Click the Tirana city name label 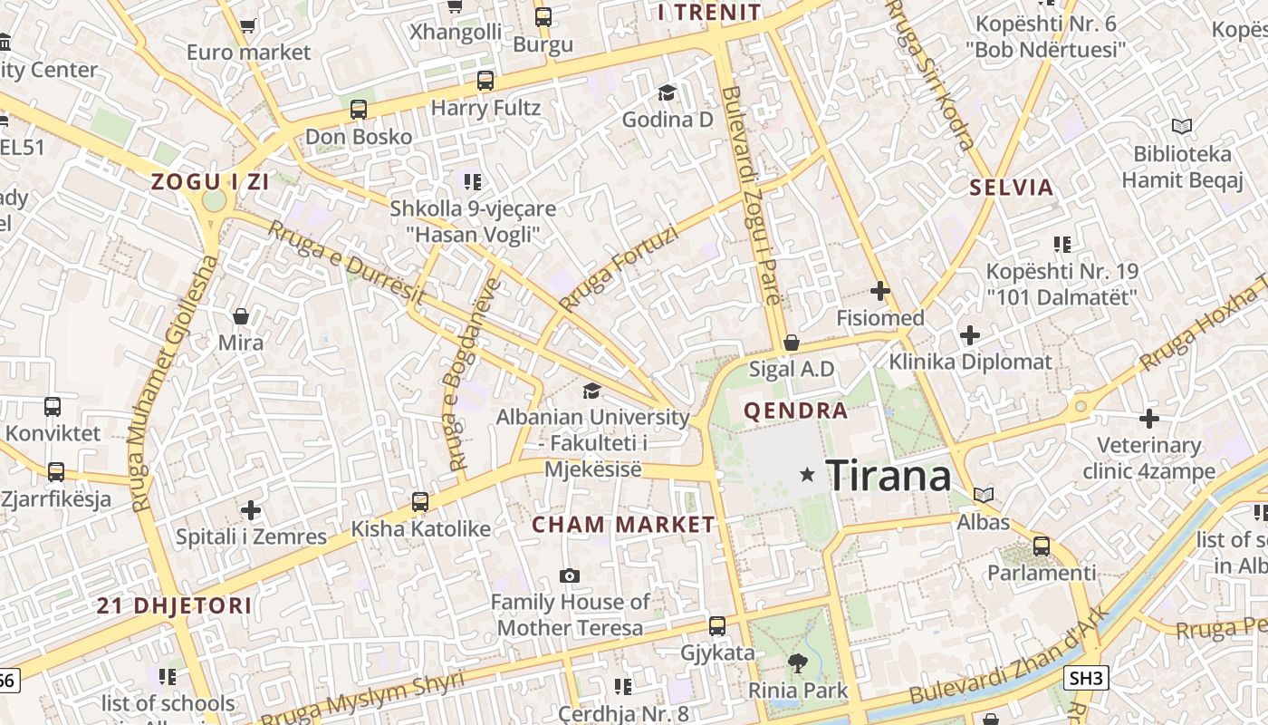coord(888,475)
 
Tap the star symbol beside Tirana coord(807,475)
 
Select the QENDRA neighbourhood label coord(796,411)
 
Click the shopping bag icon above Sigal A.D coord(791,343)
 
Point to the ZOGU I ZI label coord(210,181)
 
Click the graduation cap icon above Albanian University coord(591,391)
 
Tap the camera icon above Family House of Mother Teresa coord(570,575)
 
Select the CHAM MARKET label coord(623,524)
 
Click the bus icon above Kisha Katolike coord(420,501)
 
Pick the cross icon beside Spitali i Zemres coord(251,510)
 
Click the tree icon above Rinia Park coord(797,663)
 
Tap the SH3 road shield coord(1086,678)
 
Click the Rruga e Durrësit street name coord(347,262)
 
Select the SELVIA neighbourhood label coord(1012,188)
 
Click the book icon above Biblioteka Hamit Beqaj coord(1182,126)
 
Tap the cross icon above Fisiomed coord(879,291)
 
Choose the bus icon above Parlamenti coord(1042,546)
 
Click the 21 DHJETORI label coord(175,605)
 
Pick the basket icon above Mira coord(241,316)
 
